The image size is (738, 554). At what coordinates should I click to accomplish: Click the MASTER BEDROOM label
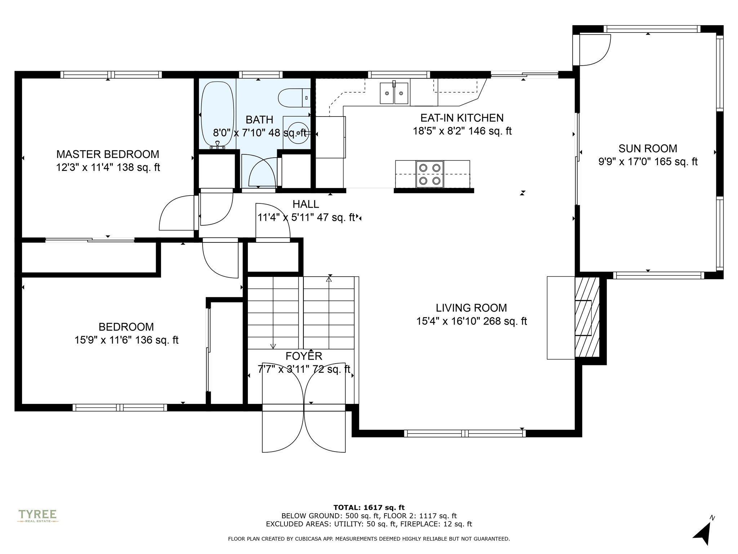click(x=108, y=154)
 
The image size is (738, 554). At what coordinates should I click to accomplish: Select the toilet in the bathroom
click(x=294, y=98)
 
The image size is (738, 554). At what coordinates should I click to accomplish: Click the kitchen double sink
click(x=394, y=93)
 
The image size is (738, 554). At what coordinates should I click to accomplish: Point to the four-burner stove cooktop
click(x=430, y=174)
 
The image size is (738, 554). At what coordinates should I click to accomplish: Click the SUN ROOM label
click(x=648, y=149)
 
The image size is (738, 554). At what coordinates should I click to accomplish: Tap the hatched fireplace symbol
click(x=587, y=317)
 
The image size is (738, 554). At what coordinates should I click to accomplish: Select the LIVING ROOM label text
click(x=471, y=308)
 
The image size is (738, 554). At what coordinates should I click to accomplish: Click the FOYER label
click(x=304, y=356)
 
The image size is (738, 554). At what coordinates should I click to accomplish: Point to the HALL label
click(x=306, y=205)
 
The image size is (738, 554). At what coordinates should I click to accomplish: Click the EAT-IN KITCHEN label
click(x=462, y=118)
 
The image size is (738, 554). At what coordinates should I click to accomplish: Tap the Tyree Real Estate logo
click(x=38, y=515)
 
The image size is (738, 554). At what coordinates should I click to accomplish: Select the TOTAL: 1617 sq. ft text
click(x=369, y=508)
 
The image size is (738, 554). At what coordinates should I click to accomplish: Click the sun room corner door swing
click(x=595, y=50)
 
